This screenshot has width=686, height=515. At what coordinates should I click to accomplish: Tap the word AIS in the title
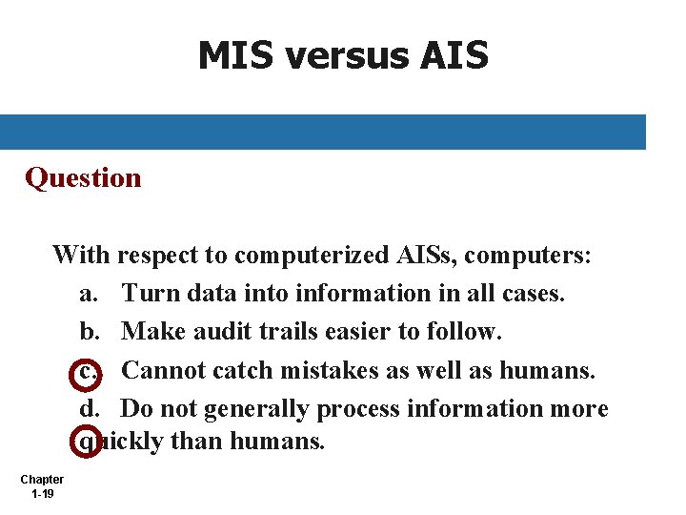[453, 56]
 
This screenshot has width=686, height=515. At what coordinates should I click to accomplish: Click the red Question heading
[83, 178]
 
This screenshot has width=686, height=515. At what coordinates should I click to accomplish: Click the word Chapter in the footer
[42, 480]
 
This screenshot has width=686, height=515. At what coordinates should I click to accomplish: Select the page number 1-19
[42, 494]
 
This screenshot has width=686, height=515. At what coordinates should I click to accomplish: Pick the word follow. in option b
[466, 332]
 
